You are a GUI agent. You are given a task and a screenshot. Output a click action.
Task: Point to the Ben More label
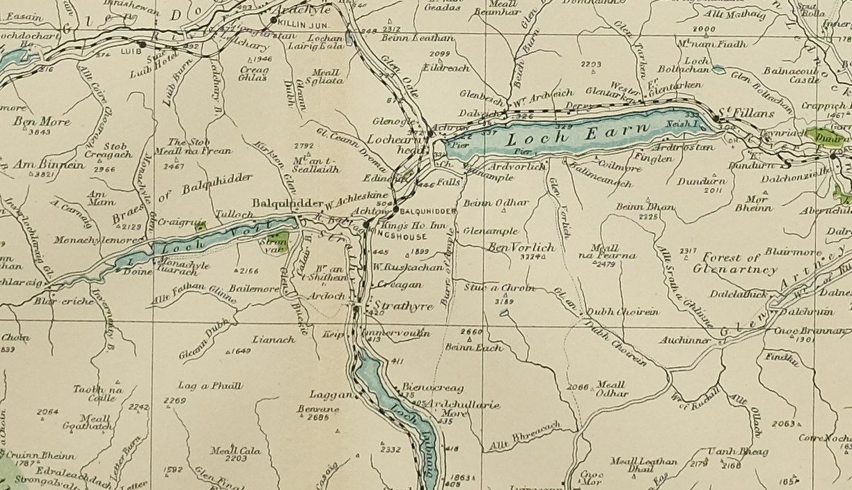33,121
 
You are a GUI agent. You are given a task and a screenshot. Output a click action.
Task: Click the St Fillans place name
737,111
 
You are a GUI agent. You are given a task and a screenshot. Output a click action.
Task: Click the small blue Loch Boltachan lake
718,70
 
